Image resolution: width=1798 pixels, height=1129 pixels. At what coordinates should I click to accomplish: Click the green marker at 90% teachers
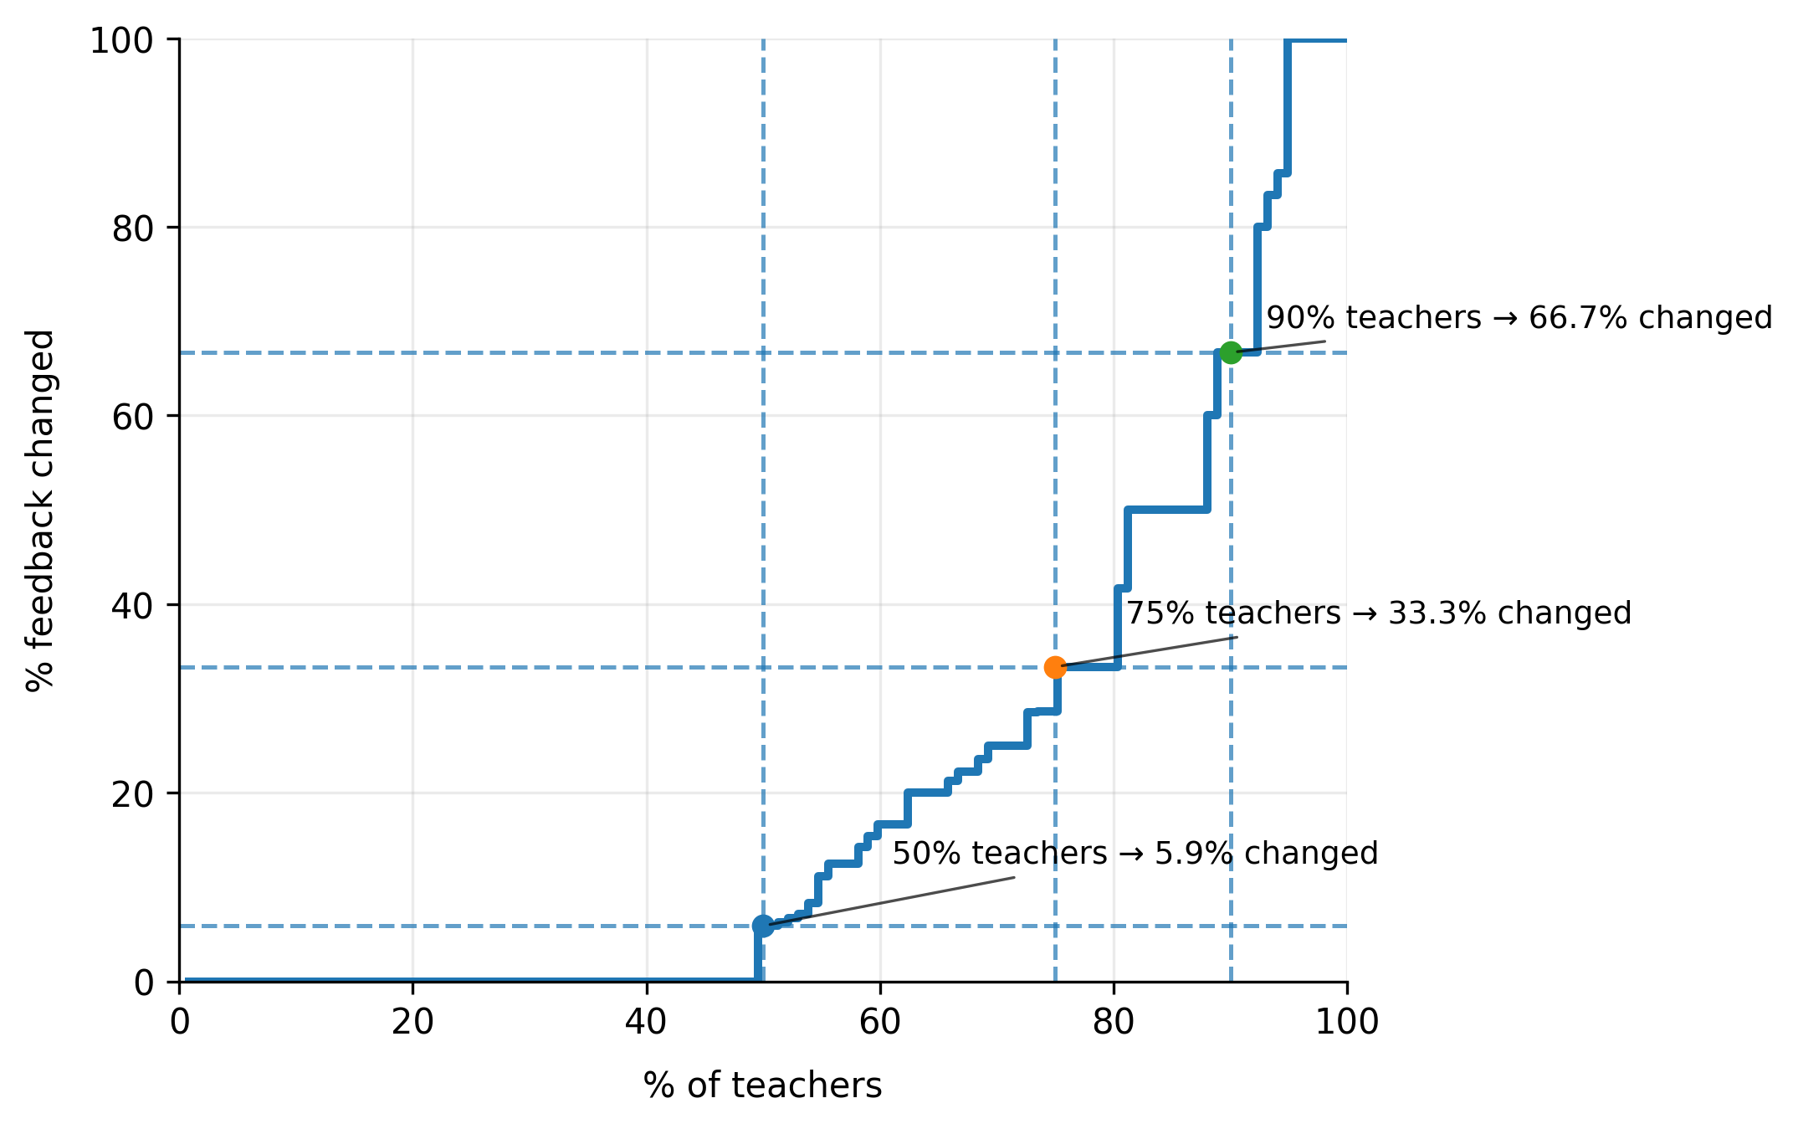[x=1230, y=352]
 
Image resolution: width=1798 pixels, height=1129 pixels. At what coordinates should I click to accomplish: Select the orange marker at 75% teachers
[x=1055, y=667]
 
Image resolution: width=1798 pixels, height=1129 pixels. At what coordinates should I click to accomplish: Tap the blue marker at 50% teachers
[x=763, y=926]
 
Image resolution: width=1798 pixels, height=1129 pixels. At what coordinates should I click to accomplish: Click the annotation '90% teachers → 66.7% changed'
[x=1519, y=318]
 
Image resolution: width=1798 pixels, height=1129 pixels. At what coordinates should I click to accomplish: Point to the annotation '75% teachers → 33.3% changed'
[x=1378, y=613]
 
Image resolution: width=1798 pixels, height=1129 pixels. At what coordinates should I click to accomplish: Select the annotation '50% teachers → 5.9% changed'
[x=1135, y=854]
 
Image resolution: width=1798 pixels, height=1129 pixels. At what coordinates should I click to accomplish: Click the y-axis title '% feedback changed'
[x=40, y=511]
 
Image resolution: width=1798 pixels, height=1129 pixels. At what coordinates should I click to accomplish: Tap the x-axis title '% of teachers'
[x=762, y=1085]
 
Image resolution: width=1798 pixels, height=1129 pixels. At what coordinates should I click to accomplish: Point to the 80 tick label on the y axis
[x=133, y=228]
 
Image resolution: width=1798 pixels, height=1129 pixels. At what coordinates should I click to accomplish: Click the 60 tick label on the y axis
[x=133, y=417]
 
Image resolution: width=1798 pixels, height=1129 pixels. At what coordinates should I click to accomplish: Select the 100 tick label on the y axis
[x=122, y=40]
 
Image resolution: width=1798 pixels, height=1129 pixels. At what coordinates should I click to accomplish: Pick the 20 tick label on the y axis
[x=133, y=794]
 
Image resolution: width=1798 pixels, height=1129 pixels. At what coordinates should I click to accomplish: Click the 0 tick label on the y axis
[x=144, y=983]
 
